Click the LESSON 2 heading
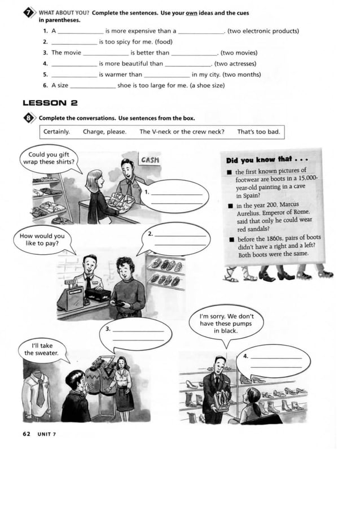point(50,103)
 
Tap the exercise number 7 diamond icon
point(29,13)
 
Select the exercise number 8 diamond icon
point(29,118)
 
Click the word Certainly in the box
point(56,132)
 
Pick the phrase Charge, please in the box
point(104,132)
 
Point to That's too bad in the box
point(258,132)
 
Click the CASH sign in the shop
point(150,160)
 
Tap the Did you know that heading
point(267,160)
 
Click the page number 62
point(27,434)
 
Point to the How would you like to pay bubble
point(42,239)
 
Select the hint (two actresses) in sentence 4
point(235,64)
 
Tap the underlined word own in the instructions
point(191,13)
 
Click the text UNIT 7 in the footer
point(46,434)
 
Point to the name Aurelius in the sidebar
point(248,213)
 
